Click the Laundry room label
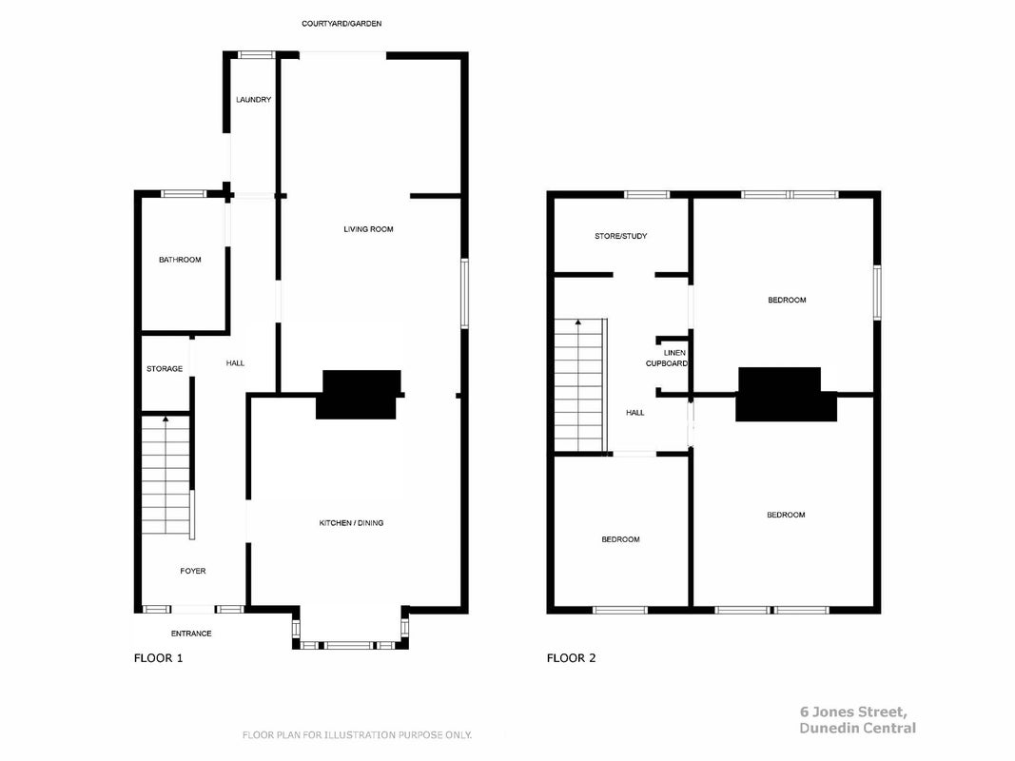[x=254, y=100]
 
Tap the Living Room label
[x=368, y=229]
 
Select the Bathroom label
[x=180, y=260]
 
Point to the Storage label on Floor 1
[x=165, y=369]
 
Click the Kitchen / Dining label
[x=352, y=523]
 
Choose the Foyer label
[x=193, y=571]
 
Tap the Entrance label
[x=191, y=634]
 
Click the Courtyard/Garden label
[x=342, y=24]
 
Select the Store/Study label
[x=621, y=236]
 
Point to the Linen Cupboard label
[x=667, y=358]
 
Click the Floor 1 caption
[x=159, y=658]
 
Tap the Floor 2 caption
[x=571, y=658]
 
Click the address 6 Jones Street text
[x=853, y=712]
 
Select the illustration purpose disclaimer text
[x=357, y=735]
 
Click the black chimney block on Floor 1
[x=360, y=394]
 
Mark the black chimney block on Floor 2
[x=785, y=394]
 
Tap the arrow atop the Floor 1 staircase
[x=166, y=420]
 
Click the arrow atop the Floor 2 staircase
[x=578, y=322]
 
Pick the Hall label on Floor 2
[x=635, y=413]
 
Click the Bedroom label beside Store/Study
[x=787, y=301]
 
